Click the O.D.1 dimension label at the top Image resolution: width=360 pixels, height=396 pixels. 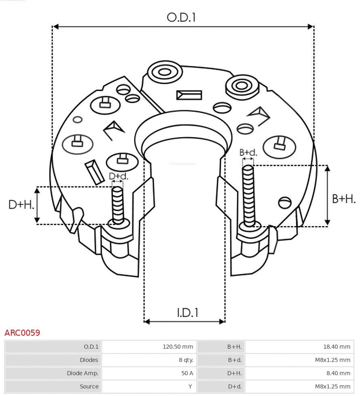click(181, 17)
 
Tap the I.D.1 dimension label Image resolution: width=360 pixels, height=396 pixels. click(187, 313)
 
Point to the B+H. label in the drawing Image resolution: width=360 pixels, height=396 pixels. click(343, 199)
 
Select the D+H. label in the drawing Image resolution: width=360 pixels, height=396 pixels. click(21, 205)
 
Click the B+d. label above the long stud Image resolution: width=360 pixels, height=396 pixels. click(248, 152)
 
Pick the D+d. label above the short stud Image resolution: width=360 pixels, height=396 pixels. click(118, 176)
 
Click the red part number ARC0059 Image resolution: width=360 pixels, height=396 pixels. click(22, 333)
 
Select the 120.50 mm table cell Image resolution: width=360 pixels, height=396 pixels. click(178, 347)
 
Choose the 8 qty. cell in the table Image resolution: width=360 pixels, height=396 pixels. click(186, 360)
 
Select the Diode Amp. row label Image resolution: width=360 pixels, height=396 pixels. click(83, 373)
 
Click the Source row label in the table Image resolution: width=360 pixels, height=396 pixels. click(89, 386)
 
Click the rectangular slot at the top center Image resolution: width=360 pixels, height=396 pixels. click(189, 95)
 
